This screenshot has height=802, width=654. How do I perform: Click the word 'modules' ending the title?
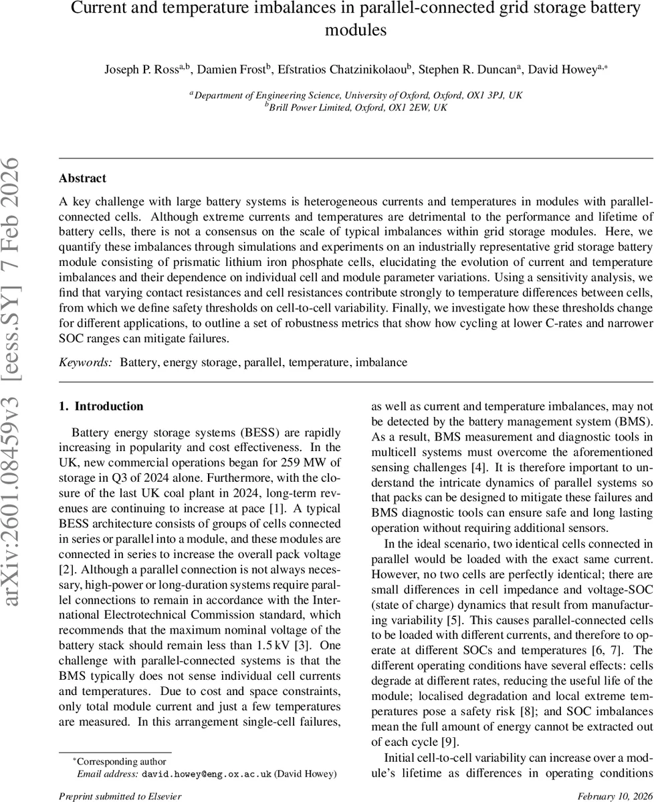[x=356, y=31]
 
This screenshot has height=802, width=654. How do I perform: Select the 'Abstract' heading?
[x=82, y=178]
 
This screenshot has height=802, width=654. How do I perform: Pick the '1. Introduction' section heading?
[x=101, y=406]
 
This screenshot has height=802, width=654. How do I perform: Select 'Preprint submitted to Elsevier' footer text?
[x=120, y=796]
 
